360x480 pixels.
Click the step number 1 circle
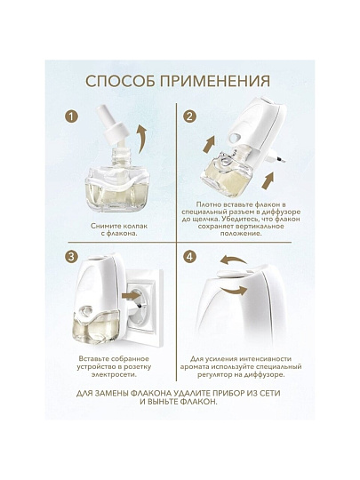(x=71, y=117)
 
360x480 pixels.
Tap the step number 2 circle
(x=190, y=116)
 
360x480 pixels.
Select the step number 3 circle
(x=71, y=257)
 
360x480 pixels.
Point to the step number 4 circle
(x=190, y=257)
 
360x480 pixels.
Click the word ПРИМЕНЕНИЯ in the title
(x=216, y=81)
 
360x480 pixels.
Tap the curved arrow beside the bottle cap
(x=141, y=139)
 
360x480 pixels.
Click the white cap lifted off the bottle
(x=112, y=125)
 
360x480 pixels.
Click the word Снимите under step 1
(x=103, y=226)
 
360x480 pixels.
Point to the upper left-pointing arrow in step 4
(x=233, y=260)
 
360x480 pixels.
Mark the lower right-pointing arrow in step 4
(x=234, y=290)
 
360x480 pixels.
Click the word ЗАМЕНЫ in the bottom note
(x=112, y=394)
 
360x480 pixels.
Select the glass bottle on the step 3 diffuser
(x=95, y=325)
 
